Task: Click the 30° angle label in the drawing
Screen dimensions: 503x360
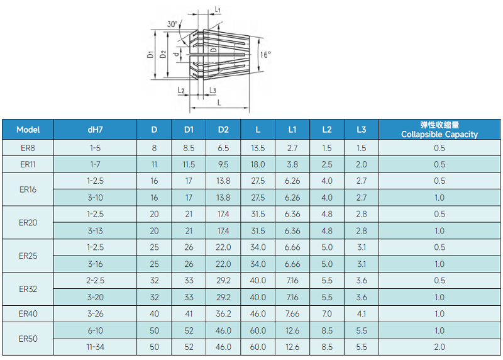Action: pos(172,25)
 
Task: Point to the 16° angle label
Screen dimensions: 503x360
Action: pos(265,55)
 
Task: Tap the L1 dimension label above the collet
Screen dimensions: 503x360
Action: pos(218,9)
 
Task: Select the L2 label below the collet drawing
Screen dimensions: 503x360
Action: pos(181,91)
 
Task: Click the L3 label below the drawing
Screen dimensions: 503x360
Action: pos(213,91)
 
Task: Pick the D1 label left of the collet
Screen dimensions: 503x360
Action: pos(150,55)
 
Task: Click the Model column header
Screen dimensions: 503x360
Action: pos(28,130)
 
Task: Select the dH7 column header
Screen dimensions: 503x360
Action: pos(96,130)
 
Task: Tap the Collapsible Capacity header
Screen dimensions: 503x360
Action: pos(439,134)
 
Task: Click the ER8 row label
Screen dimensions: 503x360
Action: pos(28,148)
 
